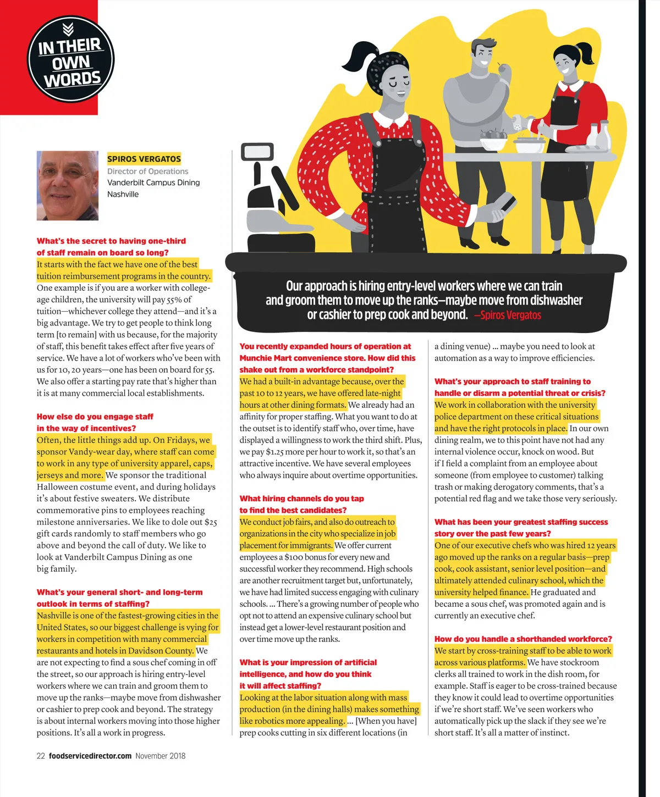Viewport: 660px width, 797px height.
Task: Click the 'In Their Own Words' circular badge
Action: (x=70, y=59)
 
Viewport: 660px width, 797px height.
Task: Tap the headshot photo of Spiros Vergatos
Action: (x=68, y=186)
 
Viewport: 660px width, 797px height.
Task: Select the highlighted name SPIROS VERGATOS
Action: (x=144, y=159)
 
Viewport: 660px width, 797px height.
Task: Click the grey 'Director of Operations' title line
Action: (x=147, y=171)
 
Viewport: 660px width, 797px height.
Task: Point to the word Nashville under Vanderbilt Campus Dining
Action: (x=123, y=194)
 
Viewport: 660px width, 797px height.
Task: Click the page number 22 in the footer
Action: (x=41, y=756)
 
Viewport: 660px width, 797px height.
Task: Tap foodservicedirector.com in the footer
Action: (x=90, y=756)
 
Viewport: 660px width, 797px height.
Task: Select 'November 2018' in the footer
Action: (x=160, y=756)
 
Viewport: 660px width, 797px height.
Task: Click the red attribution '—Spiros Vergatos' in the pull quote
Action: (x=507, y=315)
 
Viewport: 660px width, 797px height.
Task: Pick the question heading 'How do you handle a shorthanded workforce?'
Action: (x=523, y=639)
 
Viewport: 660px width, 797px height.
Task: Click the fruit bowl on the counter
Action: (x=493, y=139)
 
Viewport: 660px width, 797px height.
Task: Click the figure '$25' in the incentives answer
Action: (x=211, y=522)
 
